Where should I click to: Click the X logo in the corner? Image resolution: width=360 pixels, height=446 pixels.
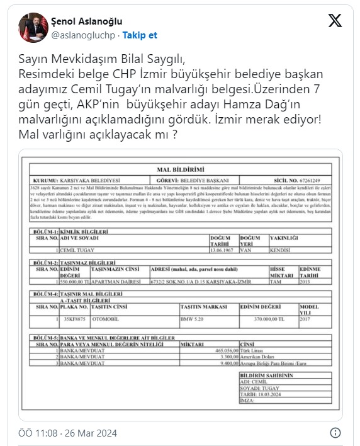pyautogui.click(x=335, y=21)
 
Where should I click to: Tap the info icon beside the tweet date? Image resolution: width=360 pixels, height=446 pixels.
pyautogui.click(x=336, y=433)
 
